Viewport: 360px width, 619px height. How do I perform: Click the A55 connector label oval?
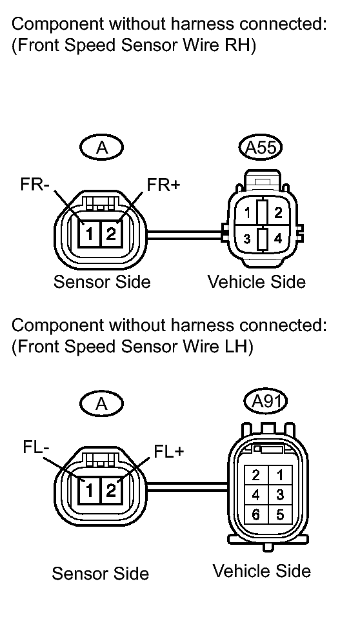click(261, 148)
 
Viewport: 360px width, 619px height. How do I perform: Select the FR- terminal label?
click(35, 185)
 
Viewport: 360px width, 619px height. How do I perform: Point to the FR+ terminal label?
click(163, 185)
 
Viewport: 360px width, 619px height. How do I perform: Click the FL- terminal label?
click(36, 448)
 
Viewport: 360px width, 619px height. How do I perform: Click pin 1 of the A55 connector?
click(248, 214)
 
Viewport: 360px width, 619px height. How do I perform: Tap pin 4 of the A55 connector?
click(278, 239)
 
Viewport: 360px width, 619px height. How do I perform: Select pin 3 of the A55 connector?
click(247, 239)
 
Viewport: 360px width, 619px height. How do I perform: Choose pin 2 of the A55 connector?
click(278, 213)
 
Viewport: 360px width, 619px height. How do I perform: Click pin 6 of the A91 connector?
click(255, 515)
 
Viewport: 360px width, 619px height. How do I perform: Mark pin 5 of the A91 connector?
click(280, 515)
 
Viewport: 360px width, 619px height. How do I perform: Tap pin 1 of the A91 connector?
click(280, 475)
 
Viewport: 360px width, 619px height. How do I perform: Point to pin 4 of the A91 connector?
click(255, 495)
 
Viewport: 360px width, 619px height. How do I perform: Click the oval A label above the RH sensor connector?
click(102, 148)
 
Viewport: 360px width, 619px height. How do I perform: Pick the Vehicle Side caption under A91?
click(262, 571)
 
